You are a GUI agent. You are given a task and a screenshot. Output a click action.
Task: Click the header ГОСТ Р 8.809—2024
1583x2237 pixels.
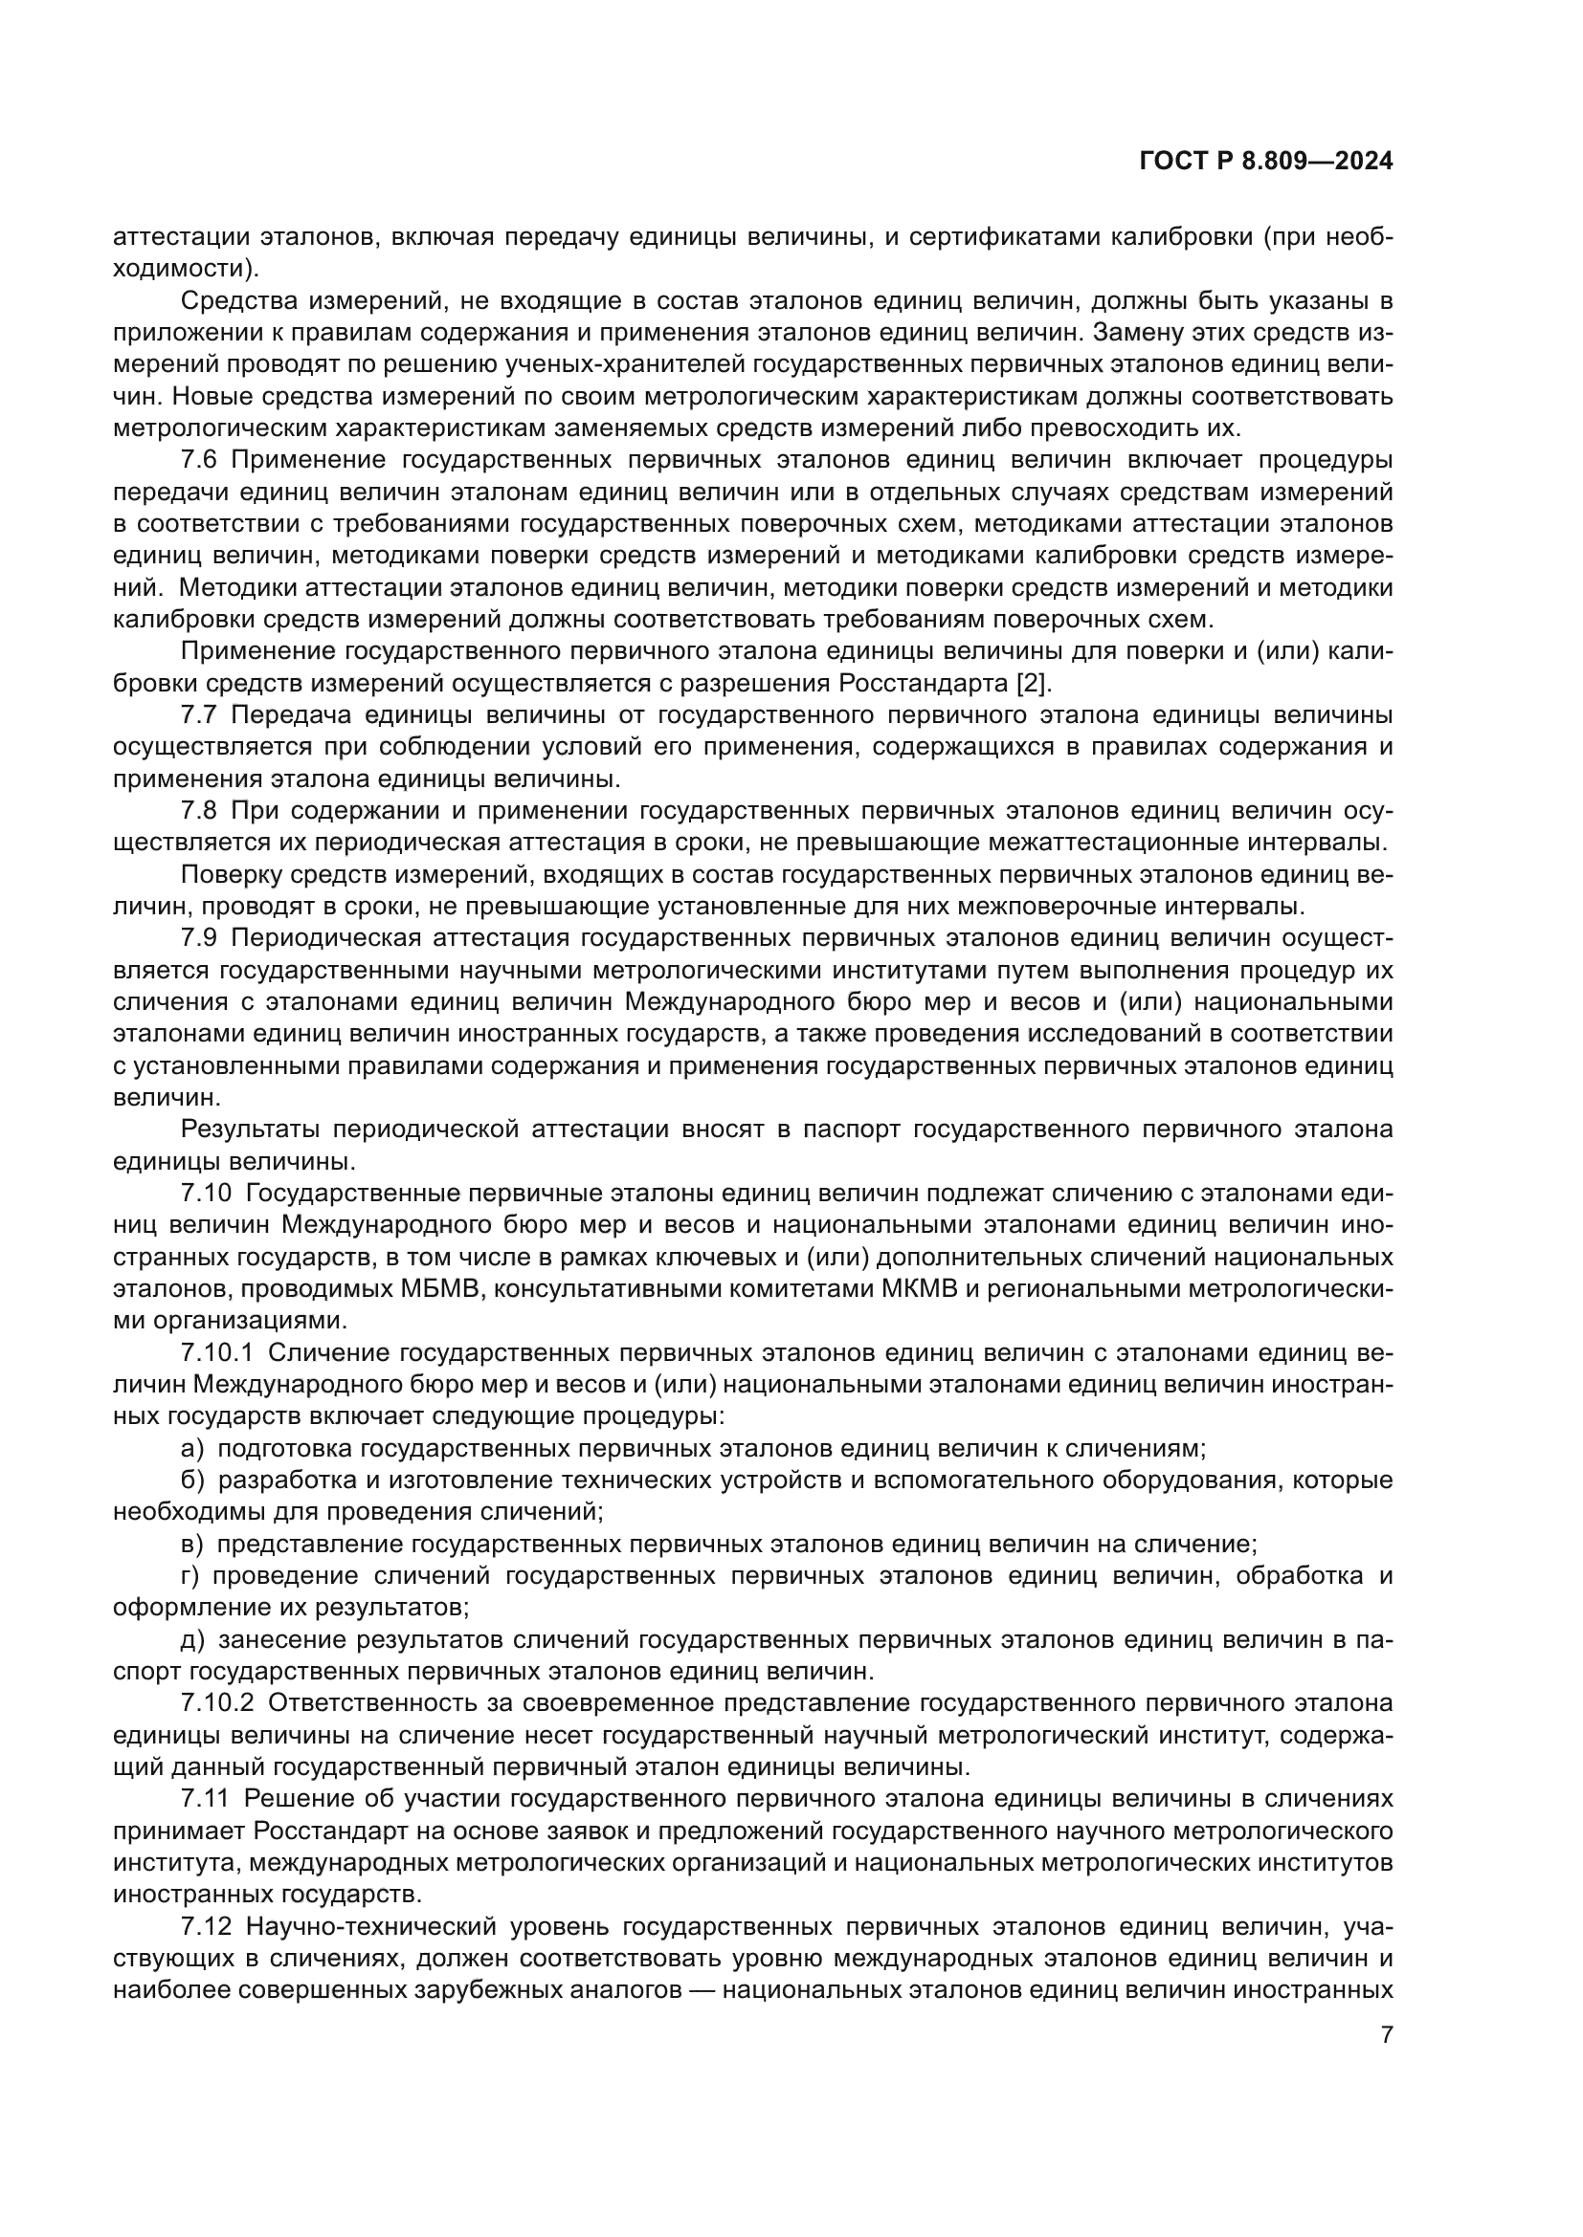click(1265, 162)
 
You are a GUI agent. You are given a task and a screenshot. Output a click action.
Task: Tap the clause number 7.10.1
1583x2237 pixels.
click(216, 1353)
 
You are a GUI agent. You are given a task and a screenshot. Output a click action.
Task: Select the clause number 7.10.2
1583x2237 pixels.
click(216, 1703)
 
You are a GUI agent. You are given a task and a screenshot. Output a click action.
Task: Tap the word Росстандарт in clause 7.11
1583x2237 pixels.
click(321, 1831)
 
